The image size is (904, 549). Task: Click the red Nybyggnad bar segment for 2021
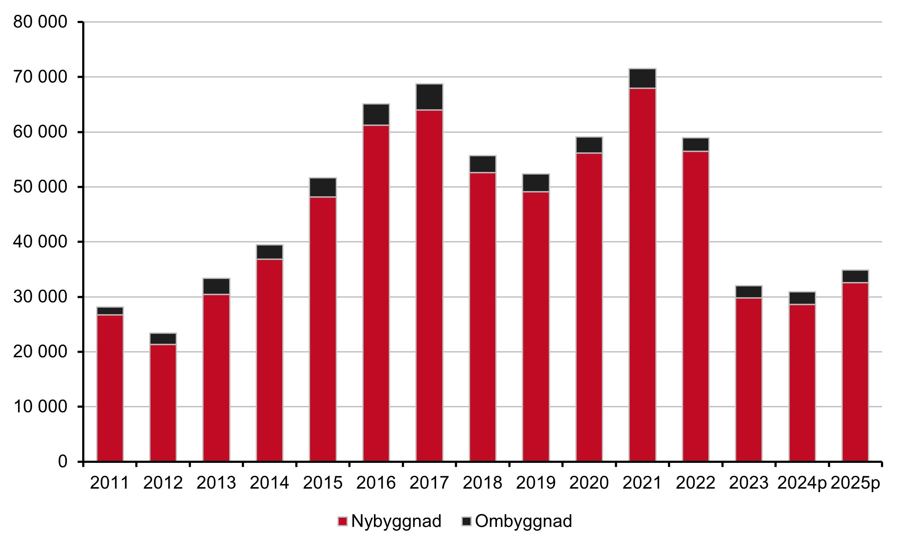pyautogui.click(x=642, y=274)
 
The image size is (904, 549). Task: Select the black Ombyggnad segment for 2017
pyautogui.click(x=429, y=97)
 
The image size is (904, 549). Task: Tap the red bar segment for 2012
pyautogui.click(x=163, y=402)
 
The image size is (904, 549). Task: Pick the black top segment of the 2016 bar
pyautogui.click(x=376, y=114)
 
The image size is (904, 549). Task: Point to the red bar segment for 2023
pyautogui.click(x=749, y=379)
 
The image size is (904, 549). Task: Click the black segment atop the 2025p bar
pyautogui.click(x=855, y=276)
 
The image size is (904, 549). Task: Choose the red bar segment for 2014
pyautogui.click(x=270, y=360)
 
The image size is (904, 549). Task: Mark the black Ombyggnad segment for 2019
pyautogui.click(x=536, y=183)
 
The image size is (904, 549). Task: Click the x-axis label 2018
pyautogui.click(x=482, y=483)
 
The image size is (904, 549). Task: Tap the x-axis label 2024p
pyautogui.click(x=802, y=483)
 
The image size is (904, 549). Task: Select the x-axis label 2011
pyautogui.click(x=110, y=483)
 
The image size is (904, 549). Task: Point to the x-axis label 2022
pyautogui.click(x=695, y=483)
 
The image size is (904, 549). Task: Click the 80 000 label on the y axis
pyautogui.click(x=40, y=22)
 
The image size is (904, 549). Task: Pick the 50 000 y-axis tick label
pyautogui.click(x=40, y=187)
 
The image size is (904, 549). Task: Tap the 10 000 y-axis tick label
pyautogui.click(x=40, y=407)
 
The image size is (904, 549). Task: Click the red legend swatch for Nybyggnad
pyautogui.click(x=343, y=522)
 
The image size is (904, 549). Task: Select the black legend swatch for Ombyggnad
pyautogui.click(x=467, y=522)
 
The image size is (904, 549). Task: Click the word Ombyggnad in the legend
pyautogui.click(x=524, y=521)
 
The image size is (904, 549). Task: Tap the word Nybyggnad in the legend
pyautogui.click(x=396, y=521)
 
